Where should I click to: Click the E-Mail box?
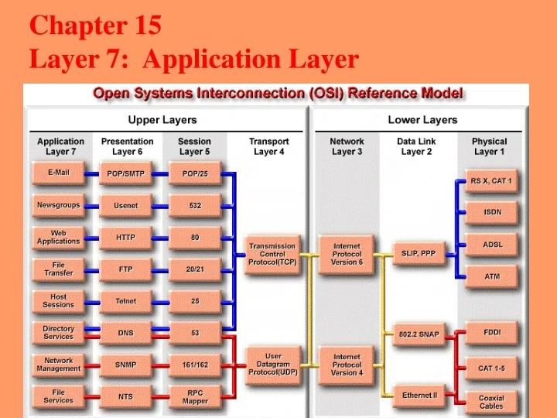(x=59, y=173)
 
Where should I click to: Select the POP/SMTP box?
(x=126, y=175)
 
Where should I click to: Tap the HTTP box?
(x=126, y=238)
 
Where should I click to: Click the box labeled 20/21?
(x=195, y=270)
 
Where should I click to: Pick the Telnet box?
(x=126, y=302)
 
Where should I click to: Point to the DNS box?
(x=126, y=334)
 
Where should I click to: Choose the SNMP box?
(x=126, y=365)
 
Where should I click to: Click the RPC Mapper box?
(x=195, y=397)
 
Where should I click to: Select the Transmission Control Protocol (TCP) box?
(x=272, y=254)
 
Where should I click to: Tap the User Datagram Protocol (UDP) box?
(x=272, y=364)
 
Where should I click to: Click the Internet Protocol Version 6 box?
(x=347, y=254)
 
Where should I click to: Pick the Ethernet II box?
(x=419, y=396)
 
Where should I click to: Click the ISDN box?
(x=492, y=212)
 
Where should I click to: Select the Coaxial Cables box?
(x=491, y=402)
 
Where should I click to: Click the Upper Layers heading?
(x=162, y=120)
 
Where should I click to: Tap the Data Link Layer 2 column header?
(x=416, y=146)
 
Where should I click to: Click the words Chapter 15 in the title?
(x=95, y=26)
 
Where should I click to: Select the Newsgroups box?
(x=59, y=206)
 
